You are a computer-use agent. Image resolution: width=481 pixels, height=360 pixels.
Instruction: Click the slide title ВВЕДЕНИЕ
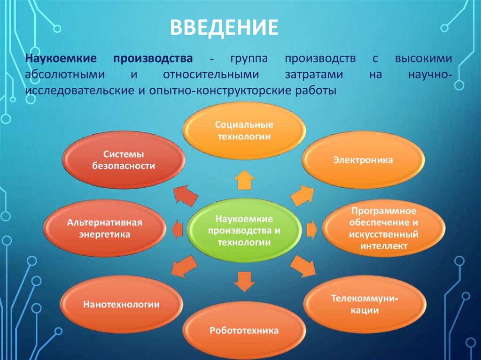coord(224,28)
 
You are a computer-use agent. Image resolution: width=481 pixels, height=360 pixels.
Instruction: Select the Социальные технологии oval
coord(243,130)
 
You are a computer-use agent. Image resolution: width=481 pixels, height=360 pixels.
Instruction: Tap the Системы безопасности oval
coord(123,160)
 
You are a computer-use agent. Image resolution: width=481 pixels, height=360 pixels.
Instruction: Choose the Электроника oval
coord(363,161)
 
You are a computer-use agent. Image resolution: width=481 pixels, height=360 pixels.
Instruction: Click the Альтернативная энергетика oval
coord(104,228)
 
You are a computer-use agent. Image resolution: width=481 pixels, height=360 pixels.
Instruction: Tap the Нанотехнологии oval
coord(121,305)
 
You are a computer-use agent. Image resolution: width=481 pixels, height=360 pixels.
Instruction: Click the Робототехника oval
coord(244,330)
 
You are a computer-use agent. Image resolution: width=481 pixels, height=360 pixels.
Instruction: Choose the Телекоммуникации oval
coord(365,304)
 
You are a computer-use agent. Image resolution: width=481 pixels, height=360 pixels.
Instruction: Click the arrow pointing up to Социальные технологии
coord(244,180)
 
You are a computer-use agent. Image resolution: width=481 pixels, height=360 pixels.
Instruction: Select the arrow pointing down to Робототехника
coord(243,282)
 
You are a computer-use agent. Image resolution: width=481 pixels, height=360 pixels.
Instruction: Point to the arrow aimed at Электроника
coord(302,194)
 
